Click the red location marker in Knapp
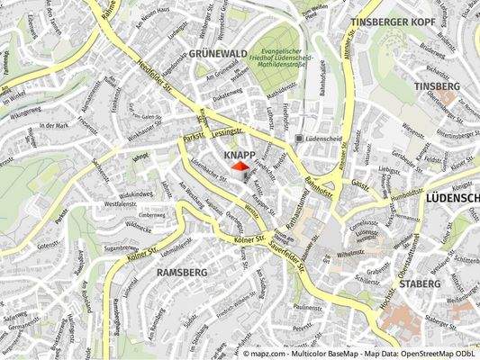pos(240,166)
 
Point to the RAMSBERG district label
pos(182,271)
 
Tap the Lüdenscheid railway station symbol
pos(299,139)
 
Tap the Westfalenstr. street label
pos(120,204)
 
